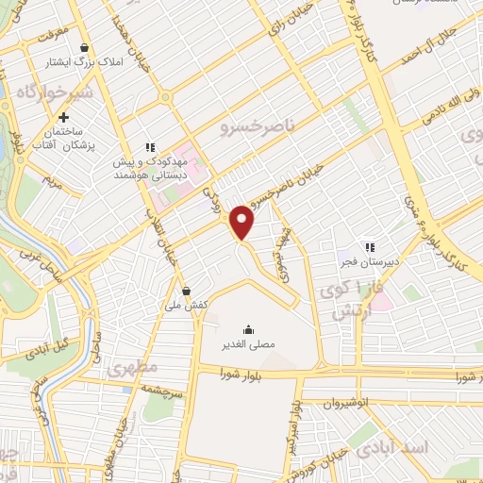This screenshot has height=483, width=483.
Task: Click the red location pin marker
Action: [243, 221]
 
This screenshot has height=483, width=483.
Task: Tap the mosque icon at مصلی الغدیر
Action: [247, 328]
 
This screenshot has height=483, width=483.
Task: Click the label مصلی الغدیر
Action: [247, 344]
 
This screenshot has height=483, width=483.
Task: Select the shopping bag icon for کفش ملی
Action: [187, 291]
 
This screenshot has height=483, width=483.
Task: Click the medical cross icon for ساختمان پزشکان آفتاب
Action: [63, 119]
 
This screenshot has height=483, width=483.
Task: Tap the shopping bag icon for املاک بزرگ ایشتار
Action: [85, 47]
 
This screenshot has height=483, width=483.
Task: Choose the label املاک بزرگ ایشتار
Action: [84, 64]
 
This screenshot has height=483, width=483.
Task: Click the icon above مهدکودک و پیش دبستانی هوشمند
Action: [148, 147]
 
